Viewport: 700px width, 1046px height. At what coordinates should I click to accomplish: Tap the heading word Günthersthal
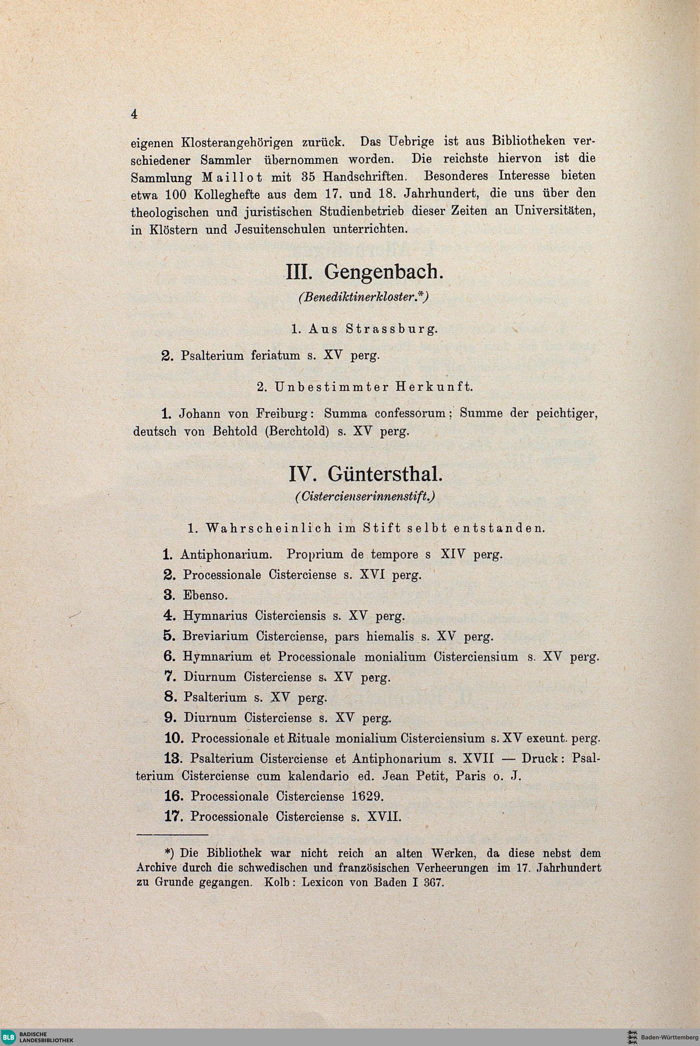click(385, 475)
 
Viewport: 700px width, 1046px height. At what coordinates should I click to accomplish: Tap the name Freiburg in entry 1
click(284, 413)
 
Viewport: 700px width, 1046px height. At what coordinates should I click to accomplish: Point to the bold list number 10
click(174, 738)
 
